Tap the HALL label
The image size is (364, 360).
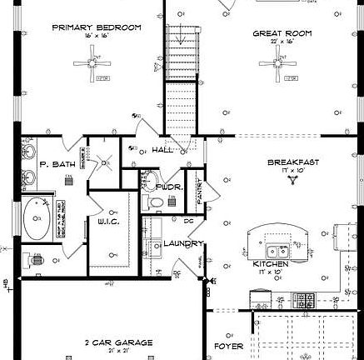[162, 150]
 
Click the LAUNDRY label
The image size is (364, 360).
[183, 243]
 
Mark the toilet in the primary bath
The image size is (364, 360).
[35, 260]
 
